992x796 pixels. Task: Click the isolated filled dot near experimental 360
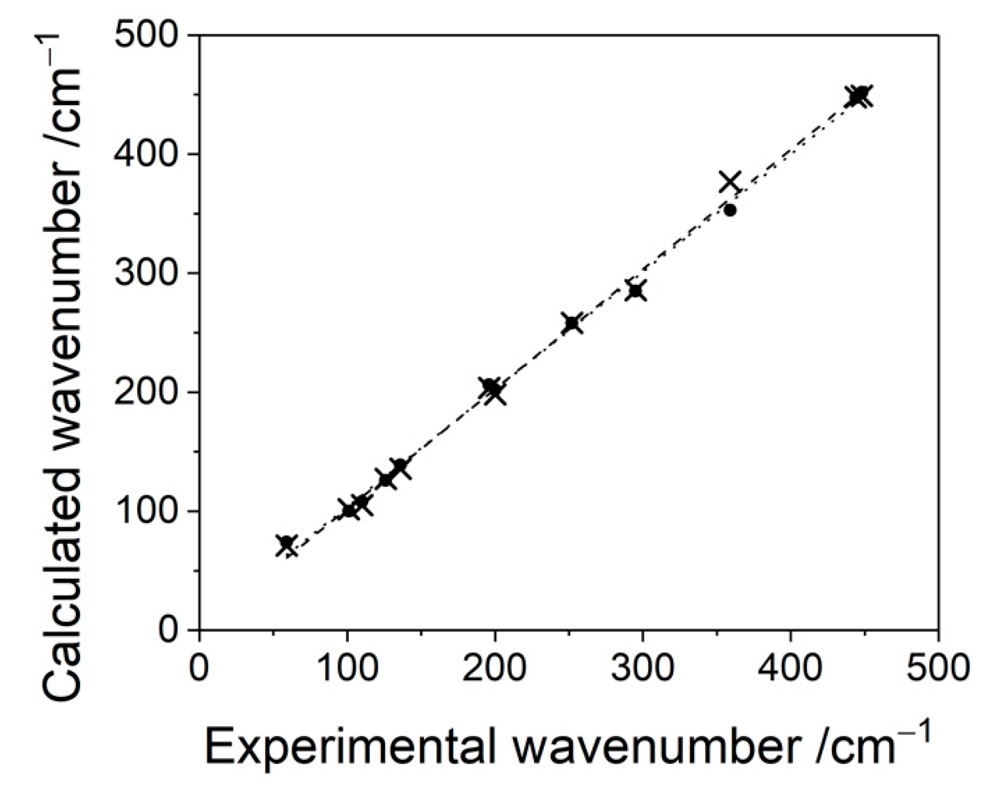click(730, 210)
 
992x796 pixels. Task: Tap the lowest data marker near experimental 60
click(287, 544)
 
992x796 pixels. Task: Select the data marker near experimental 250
click(572, 324)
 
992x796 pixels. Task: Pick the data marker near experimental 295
click(636, 290)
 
